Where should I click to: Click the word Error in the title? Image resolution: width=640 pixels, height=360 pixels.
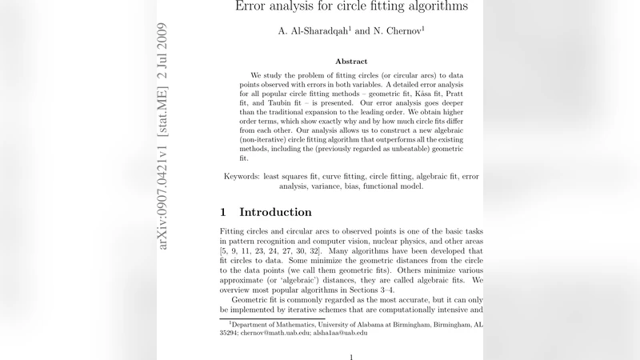pos(254,6)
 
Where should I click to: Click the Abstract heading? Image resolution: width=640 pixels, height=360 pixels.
pos(351,62)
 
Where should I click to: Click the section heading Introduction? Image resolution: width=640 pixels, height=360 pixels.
pos(275,213)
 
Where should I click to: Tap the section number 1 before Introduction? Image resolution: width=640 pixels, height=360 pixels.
pos(224,213)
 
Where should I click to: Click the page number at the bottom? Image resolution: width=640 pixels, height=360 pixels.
pos(351,357)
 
